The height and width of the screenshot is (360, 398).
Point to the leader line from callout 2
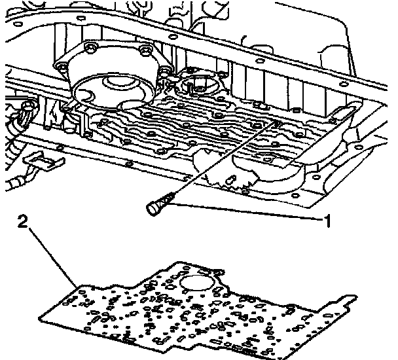point(53,256)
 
